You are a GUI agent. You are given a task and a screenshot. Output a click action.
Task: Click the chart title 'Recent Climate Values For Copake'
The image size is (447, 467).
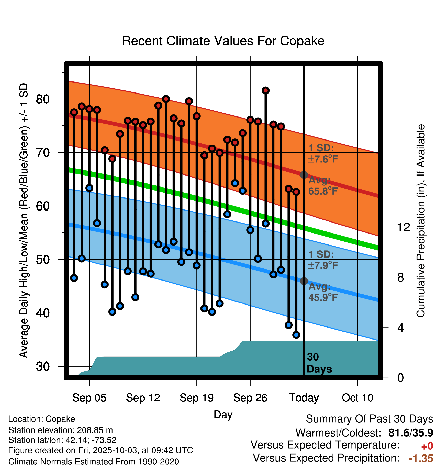[223, 41]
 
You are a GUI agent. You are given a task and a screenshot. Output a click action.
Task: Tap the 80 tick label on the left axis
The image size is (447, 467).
[43, 99]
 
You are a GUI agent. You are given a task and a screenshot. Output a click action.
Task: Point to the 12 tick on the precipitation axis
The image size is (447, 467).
[403, 227]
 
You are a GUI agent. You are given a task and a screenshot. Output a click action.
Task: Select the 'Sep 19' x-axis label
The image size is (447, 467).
[196, 398]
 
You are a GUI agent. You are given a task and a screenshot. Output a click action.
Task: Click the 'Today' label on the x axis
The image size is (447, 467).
[304, 398]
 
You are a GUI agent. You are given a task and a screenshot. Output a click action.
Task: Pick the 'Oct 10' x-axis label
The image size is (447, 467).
[357, 398]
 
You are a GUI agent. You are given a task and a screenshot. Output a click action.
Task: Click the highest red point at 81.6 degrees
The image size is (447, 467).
[265, 90]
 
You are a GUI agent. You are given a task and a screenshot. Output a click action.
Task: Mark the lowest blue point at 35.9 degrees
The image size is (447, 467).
[296, 335]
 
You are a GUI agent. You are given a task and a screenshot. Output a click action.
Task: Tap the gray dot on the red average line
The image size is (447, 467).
[304, 175]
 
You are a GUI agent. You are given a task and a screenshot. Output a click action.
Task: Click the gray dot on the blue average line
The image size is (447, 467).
[304, 281]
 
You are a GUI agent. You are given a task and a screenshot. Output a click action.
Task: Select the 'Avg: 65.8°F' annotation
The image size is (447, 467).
[323, 186]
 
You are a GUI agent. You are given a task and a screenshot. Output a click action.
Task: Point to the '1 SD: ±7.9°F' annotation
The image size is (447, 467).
[323, 260]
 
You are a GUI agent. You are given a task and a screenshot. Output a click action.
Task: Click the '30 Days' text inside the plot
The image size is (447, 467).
[319, 363]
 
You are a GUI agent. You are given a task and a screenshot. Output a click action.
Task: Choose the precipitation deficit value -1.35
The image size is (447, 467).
[421, 458]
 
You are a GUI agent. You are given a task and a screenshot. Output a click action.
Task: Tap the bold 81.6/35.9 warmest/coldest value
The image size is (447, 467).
[411, 433]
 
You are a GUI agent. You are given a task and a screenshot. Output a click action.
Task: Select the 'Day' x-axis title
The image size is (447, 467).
[223, 414]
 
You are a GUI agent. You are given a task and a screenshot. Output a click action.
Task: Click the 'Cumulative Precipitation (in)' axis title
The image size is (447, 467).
[421, 221]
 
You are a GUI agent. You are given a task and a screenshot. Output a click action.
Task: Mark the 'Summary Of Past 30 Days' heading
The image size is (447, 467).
[369, 419]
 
